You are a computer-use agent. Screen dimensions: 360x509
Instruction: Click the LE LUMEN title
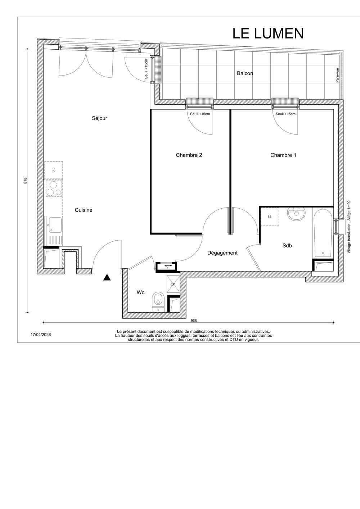click(268, 33)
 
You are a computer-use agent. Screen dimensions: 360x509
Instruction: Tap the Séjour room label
click(99, 118)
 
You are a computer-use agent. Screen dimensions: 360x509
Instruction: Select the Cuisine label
click(84, 210)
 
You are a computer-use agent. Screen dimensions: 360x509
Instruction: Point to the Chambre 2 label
click(189, 155)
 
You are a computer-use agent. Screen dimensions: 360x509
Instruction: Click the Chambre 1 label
click(283, 155)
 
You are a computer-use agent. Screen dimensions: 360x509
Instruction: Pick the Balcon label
click(245, 73)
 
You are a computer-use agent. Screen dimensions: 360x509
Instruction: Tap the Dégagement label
click(222, 253)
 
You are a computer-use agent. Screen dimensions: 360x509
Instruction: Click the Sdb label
click(287, 245)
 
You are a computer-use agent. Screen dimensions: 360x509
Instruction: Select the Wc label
click(140, 292)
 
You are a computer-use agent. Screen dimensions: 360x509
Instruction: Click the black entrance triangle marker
click(107, 277)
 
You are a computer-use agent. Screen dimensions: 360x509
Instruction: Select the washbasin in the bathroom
click(296, 214)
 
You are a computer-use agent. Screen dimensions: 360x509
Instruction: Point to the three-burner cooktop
click(54, 188)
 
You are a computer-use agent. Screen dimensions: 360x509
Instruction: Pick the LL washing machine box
click(270, 217)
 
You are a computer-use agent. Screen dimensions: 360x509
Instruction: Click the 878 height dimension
click(26, 181)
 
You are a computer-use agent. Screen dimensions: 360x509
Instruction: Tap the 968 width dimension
click(194, 321)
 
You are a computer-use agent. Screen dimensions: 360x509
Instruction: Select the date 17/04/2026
click(41, 335)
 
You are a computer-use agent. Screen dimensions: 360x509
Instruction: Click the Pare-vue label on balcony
click(337, 75)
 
